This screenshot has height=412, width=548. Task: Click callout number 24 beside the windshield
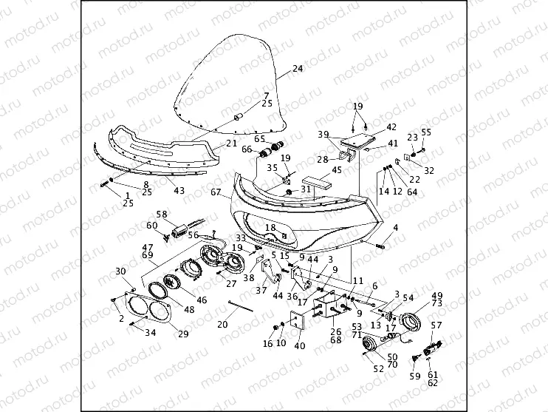tap(298, 69)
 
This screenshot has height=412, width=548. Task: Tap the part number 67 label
tap(216, 192)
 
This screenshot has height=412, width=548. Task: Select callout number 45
tap(337, 170)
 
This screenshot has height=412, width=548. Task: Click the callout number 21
tap(231, 143)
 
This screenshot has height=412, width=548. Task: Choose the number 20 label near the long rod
tap(222, 323)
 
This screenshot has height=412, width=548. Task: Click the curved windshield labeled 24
tap(229, 89)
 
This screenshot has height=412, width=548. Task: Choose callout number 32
tap(429, 171)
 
